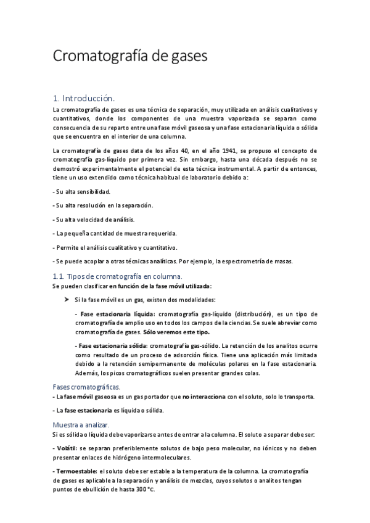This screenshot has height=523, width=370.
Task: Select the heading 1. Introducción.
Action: pyautogui.click(x=84, y=98)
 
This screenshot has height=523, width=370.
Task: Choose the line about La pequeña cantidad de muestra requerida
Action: pyautogui.click(x=115, y=234)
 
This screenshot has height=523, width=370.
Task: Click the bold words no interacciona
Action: pyautogui.click(x=207, y=396)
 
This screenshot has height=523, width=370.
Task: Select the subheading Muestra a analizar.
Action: pyautogui.click(x=81, y=425)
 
